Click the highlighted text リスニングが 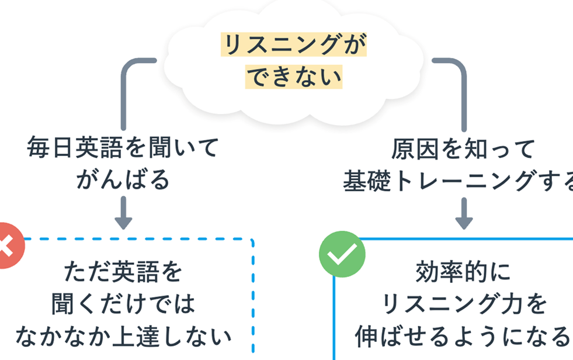coord(293,45)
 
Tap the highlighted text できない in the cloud coord(293,77)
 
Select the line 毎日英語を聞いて coord(122,148)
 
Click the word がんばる coord(123,179)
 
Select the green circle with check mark coord(342,254)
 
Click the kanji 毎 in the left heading coord(38,148)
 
